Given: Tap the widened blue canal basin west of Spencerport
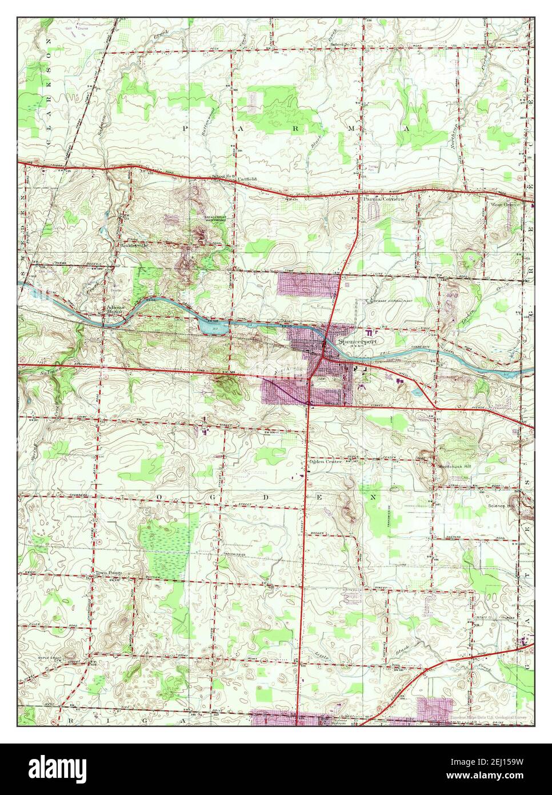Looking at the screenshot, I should (x=211, y=326).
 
